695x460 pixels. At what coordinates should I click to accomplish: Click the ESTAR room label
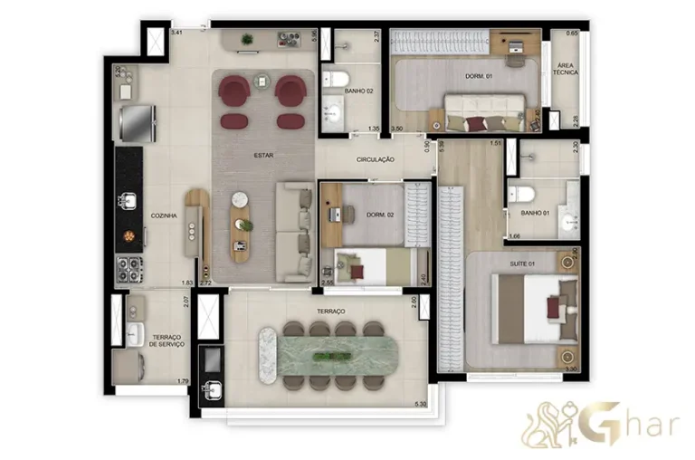pos(264,155)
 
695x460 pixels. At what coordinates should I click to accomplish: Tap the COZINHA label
pos(164,216)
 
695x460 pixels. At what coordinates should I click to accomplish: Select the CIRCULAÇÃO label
pos(376,159)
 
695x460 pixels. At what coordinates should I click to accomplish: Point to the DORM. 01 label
pos(466,77)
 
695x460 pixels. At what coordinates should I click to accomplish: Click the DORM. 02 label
pos(378,214)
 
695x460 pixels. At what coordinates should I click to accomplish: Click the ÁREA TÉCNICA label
pos(567,71)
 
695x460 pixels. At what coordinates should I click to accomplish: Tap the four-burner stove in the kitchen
pos(128,268)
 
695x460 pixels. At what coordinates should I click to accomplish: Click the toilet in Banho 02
pos(334,81)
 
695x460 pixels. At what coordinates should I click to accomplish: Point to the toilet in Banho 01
pos(519,193)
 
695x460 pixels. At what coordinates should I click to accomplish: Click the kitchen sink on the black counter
pos(129,199)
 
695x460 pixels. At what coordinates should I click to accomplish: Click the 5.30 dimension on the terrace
pos(419,403)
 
